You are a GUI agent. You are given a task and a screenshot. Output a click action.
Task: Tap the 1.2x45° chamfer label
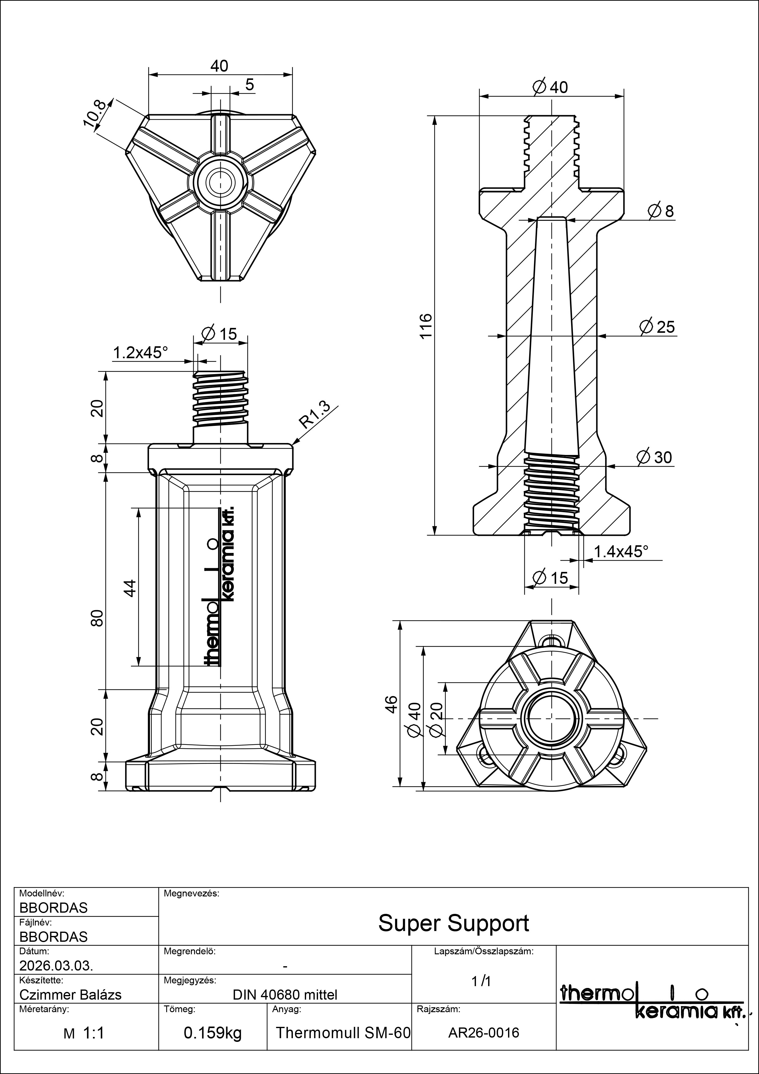pyautogui.click(x=140, y=352)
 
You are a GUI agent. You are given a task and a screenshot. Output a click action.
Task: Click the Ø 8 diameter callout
pyautogui.click(x=661, y=212)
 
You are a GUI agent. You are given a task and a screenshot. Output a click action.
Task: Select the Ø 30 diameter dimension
pyautogui.click(x=655, y=457)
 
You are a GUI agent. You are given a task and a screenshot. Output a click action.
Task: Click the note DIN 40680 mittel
pyautogui.click(x=285, y=994)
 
